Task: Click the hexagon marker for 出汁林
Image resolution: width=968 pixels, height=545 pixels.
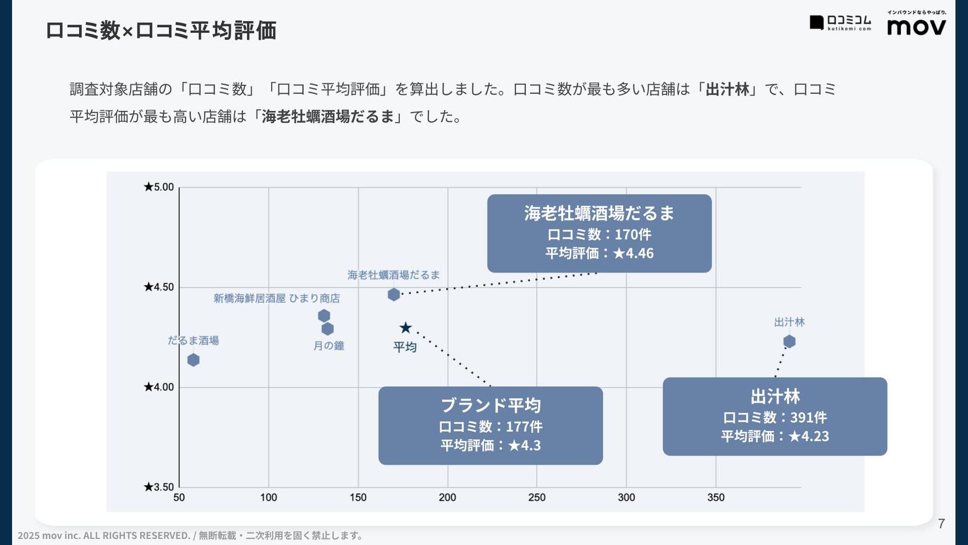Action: click(789, 342)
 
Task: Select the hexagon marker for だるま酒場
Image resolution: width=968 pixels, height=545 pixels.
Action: click(193, 360)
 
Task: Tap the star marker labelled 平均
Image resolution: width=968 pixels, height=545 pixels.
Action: click(405, 328)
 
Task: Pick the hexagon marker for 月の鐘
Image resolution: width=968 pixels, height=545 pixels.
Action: click(327, 329)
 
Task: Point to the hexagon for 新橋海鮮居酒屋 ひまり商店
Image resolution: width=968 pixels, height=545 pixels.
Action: click(324, 315)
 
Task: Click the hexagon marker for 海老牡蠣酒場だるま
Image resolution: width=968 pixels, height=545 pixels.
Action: click(394, 295)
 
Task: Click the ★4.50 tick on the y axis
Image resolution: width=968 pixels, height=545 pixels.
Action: click(159, 287)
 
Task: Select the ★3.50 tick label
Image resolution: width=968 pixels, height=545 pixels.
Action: click(159, 487)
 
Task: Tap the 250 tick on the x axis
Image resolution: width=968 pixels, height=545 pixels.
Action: click(537, 498)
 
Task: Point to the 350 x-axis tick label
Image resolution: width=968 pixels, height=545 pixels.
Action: click(716, 498)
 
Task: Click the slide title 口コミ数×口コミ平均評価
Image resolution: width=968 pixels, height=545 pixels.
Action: click(161, 30)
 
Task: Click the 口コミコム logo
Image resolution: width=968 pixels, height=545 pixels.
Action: click(841, 23)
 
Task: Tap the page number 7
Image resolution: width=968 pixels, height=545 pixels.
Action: click(941, 524)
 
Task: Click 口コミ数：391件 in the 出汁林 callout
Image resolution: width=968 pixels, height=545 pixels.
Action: click(774, 417)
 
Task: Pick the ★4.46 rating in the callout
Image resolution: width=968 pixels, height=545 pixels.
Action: click(633, 253)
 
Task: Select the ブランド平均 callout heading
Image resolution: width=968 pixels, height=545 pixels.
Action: click(491, 405)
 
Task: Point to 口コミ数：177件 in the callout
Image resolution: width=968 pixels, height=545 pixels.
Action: click(491, 426)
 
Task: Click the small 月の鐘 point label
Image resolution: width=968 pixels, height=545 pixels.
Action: click(329, 346)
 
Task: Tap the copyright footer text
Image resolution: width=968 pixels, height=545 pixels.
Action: click(191, 535)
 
